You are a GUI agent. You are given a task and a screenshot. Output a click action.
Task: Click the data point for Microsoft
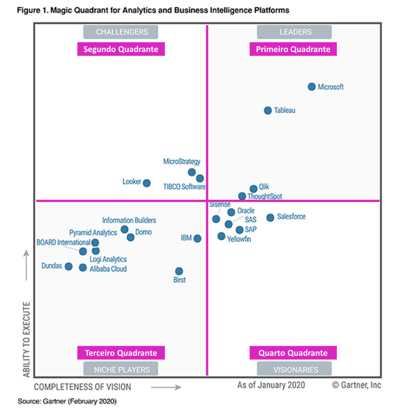pyautogui.click(x=311, y=87)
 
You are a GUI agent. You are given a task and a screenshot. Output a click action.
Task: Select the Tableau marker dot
pyautogui.click(x=267, y=110)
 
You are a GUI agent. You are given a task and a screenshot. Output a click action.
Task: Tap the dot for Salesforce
pyautogui.click(x=270, y=218)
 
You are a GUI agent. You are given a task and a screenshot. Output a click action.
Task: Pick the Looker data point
pyautogui.click(x=147, y=183)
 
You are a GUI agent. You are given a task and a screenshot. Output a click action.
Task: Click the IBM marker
pyautogui.click(x=197, y=238)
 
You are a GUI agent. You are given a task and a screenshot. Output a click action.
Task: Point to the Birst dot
pyautogui.click(x=179, y=271)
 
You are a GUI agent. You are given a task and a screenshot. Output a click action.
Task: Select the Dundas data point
pyautogui.click(x=68, y=266)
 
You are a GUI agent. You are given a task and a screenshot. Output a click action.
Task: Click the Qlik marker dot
pyautogui.click(x=253, y=189)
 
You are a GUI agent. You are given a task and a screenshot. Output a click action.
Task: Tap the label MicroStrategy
pyautogui.click(x=182, y=162)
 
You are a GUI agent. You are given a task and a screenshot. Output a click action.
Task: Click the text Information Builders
pyautogui.click(x=129, y=220)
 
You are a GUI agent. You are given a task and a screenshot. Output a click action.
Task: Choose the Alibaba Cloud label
pyautogui.click(x=108, y=269)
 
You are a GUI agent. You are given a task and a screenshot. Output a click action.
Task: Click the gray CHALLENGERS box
pyautogui.click(x=121, y=32)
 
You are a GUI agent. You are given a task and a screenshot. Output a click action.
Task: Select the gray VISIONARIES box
pyautogui.click(x=294, y=369)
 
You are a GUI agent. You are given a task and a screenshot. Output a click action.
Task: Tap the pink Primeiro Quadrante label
pyautogui.click(x=293, y=49)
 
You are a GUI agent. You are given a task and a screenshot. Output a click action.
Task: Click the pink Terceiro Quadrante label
pyautogui.click(x=121, y=353)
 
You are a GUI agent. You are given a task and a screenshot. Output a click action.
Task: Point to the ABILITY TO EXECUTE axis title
pyautogui.click(x=26, y=339)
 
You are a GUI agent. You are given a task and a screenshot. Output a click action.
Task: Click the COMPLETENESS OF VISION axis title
pyautogui.click(x=83, y=387)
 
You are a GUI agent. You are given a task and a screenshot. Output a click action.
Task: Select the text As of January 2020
pyautogui.click(x=271, y=385)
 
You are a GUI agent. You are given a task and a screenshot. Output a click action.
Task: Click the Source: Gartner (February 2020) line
pyautogui.click(x=67, y=400)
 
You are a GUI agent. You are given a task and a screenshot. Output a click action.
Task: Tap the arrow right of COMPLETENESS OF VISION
pyautogui.click(x=166, y=387)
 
